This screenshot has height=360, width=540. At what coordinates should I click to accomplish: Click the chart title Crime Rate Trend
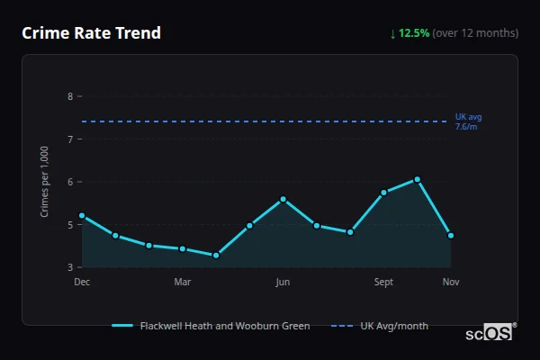tap(91, 33)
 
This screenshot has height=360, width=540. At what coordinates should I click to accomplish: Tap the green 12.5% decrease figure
tap(414, 33)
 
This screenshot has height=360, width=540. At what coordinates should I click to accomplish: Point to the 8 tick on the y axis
tap(70, 96)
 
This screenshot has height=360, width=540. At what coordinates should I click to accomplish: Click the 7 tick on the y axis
tap(70, 139)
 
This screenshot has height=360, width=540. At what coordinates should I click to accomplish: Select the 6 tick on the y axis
tap(70, 182)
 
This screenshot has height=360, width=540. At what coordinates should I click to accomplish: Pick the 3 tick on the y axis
tap(70, 267)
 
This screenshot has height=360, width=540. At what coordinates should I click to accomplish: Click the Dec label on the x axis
tap(82, 282)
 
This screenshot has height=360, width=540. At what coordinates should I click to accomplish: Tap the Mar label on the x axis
tap(183, 282)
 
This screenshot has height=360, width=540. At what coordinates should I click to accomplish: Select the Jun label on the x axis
tap(283, 282)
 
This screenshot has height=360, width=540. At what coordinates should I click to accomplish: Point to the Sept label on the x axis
tap(384, 282)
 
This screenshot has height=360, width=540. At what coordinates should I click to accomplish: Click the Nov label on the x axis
tap(451, 282)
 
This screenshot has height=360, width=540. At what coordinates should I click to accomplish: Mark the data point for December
tap(82, 216)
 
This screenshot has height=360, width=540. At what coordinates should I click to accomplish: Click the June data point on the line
tap(283, 199)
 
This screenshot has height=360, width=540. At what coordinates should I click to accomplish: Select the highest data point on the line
tap(418, 179)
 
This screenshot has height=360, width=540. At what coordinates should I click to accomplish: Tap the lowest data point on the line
tap(216, 256)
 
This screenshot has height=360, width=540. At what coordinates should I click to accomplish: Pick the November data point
tap(451, 236)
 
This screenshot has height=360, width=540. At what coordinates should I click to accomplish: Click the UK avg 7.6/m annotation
tap(468, 121)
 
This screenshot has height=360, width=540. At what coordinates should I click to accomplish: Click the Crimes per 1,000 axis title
tap(44, 182)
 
